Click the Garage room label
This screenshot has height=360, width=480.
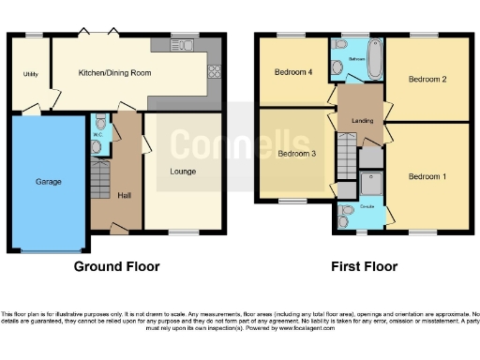click(48, 181)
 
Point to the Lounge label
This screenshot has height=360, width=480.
click(183, 172)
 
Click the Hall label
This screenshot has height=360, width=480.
click(125, 195)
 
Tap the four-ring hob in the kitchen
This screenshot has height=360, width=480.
click(214, 70)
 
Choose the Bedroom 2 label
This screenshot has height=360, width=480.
click(427, 80)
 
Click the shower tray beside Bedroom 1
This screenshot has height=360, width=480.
click(371, 184)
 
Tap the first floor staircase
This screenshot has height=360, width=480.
click(347, 150)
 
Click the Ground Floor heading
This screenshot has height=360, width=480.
click(117, 266)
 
